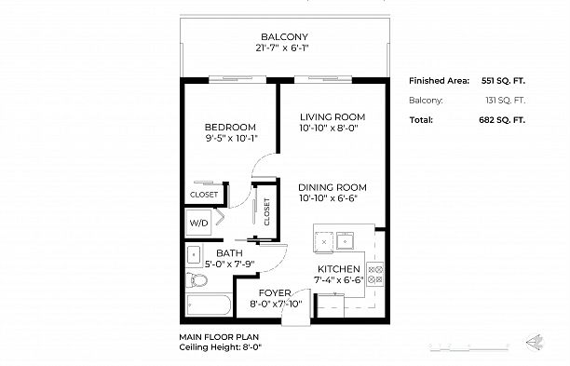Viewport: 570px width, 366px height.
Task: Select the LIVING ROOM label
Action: coord(332,116)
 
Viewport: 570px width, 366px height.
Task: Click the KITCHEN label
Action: coord(332,268)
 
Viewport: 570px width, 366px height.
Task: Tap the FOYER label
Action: coord(276,293)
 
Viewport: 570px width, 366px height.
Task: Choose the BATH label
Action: coord(229,252)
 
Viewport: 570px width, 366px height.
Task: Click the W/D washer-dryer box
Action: coord(199,224)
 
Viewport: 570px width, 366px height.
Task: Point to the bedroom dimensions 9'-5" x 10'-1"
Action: coord(230,138)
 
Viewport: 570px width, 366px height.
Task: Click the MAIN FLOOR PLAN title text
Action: coord(218,337)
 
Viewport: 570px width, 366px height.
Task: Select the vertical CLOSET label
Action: coord(266,212)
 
